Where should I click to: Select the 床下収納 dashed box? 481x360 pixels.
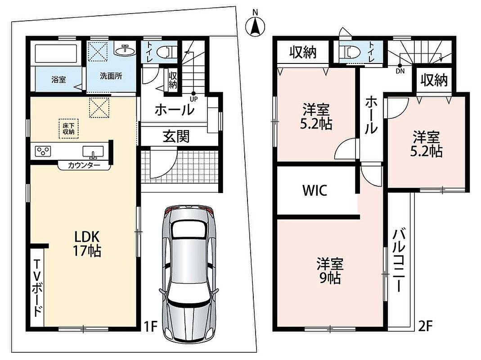pyautogui.click(x=69, y=129)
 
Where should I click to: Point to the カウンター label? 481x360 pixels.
pyautogui.click(x=84, y=166)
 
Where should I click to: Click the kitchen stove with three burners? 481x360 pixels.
pyautogui.click(x=43, y=151)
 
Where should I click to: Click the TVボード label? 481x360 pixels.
pyautogui.click(x=37, y=288)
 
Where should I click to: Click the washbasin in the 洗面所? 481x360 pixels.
pyautogui.click(x=125, y=50)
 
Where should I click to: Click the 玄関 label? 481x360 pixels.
pyautogui.click(x=176, y=136)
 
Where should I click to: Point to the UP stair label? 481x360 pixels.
pyautogui.click(x=193, y=99)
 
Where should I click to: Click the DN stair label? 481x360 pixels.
pyautogui.click(x=400, y=71)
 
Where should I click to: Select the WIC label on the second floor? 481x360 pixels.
pyautogui.click(x=315, y=190)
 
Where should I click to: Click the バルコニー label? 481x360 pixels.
pyautogui.click(x=399, y=260)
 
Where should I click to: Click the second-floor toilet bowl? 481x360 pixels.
pyautogui.click(x=351, y=52)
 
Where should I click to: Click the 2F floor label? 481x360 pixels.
pyautogui.click(x=425, y=326)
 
